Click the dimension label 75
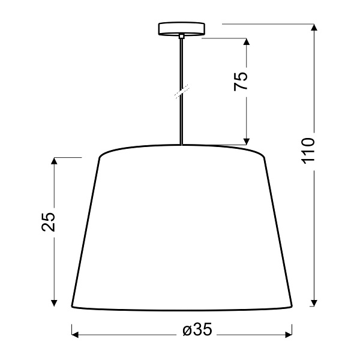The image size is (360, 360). click(x=241, y=80)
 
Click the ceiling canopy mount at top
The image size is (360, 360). click(x=181, y=29)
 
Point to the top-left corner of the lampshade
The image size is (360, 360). click(x=99, y=157)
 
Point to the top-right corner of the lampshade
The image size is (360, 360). click(x=263, y=157)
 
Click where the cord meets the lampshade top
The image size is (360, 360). click(x=181, y=145)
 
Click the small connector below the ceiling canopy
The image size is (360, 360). click(x=181, y=37)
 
